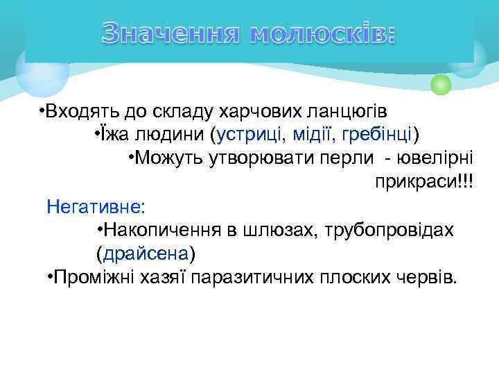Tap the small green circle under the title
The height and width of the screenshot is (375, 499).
point(441,85)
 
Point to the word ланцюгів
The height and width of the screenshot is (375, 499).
point(353,111)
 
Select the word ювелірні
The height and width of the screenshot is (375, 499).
point(441,157)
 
